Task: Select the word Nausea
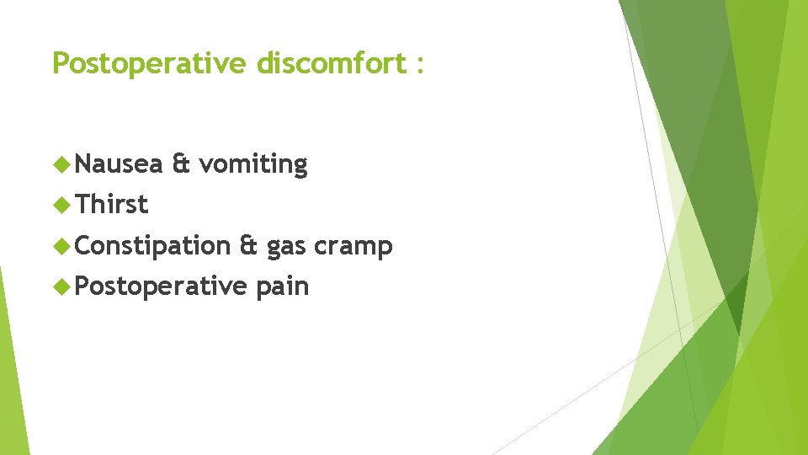(119, 163)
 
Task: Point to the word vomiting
(253, 165)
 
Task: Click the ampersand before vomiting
(180, 163)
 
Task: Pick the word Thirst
(112, 204)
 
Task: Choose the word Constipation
(152, 246)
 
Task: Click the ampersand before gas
(248, 245)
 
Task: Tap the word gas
(286, 249)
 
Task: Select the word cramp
(353, 247)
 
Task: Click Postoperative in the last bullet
(160, 286)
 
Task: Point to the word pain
(283, 287)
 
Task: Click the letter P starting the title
(60, 63)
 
